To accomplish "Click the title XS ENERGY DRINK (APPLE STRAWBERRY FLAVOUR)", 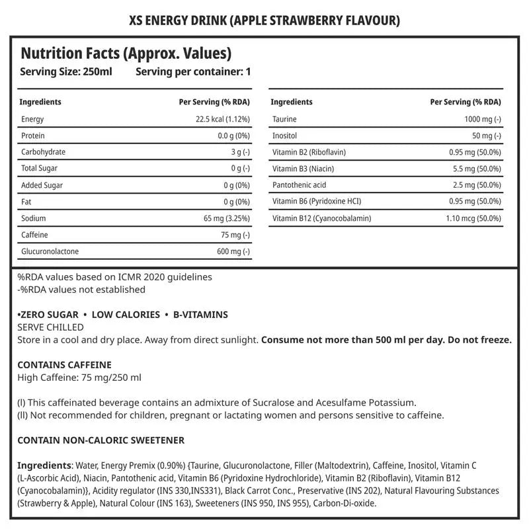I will coord(264,20).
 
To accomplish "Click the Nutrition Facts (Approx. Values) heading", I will coord(126,54).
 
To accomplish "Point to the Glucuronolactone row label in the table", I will coord(51,251).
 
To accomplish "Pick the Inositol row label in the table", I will coord(285,136).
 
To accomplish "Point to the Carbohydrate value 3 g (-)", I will coord(237,152).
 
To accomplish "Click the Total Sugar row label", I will coord(40,169).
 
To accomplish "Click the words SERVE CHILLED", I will coord(50,327).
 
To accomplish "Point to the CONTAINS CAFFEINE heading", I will coord(64,365).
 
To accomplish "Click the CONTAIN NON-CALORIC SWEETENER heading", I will coord(101,440).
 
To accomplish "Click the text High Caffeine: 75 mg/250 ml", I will coord(79,378).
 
